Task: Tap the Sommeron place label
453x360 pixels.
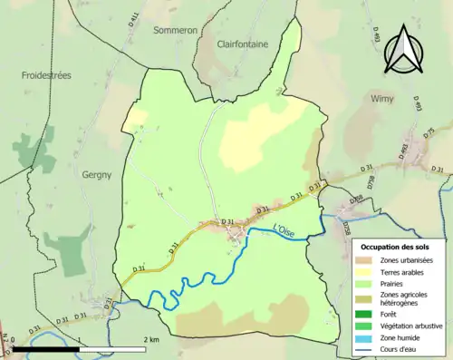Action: tap(175, 29)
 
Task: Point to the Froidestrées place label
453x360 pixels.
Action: tap(46, 76)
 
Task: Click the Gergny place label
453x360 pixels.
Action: tap(96, 174)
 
